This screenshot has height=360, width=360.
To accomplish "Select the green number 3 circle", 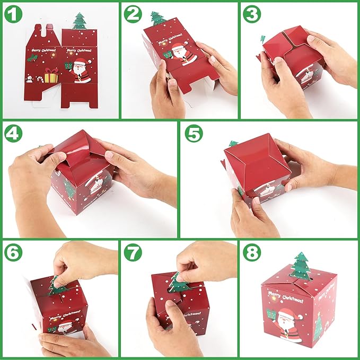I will (252, 14).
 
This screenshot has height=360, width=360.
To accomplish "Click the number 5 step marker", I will (194, 135).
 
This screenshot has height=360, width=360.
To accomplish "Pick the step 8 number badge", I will (252, 254).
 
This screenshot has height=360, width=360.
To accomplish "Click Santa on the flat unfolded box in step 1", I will (80, 71).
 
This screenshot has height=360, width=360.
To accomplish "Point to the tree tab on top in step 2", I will (157, 19).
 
